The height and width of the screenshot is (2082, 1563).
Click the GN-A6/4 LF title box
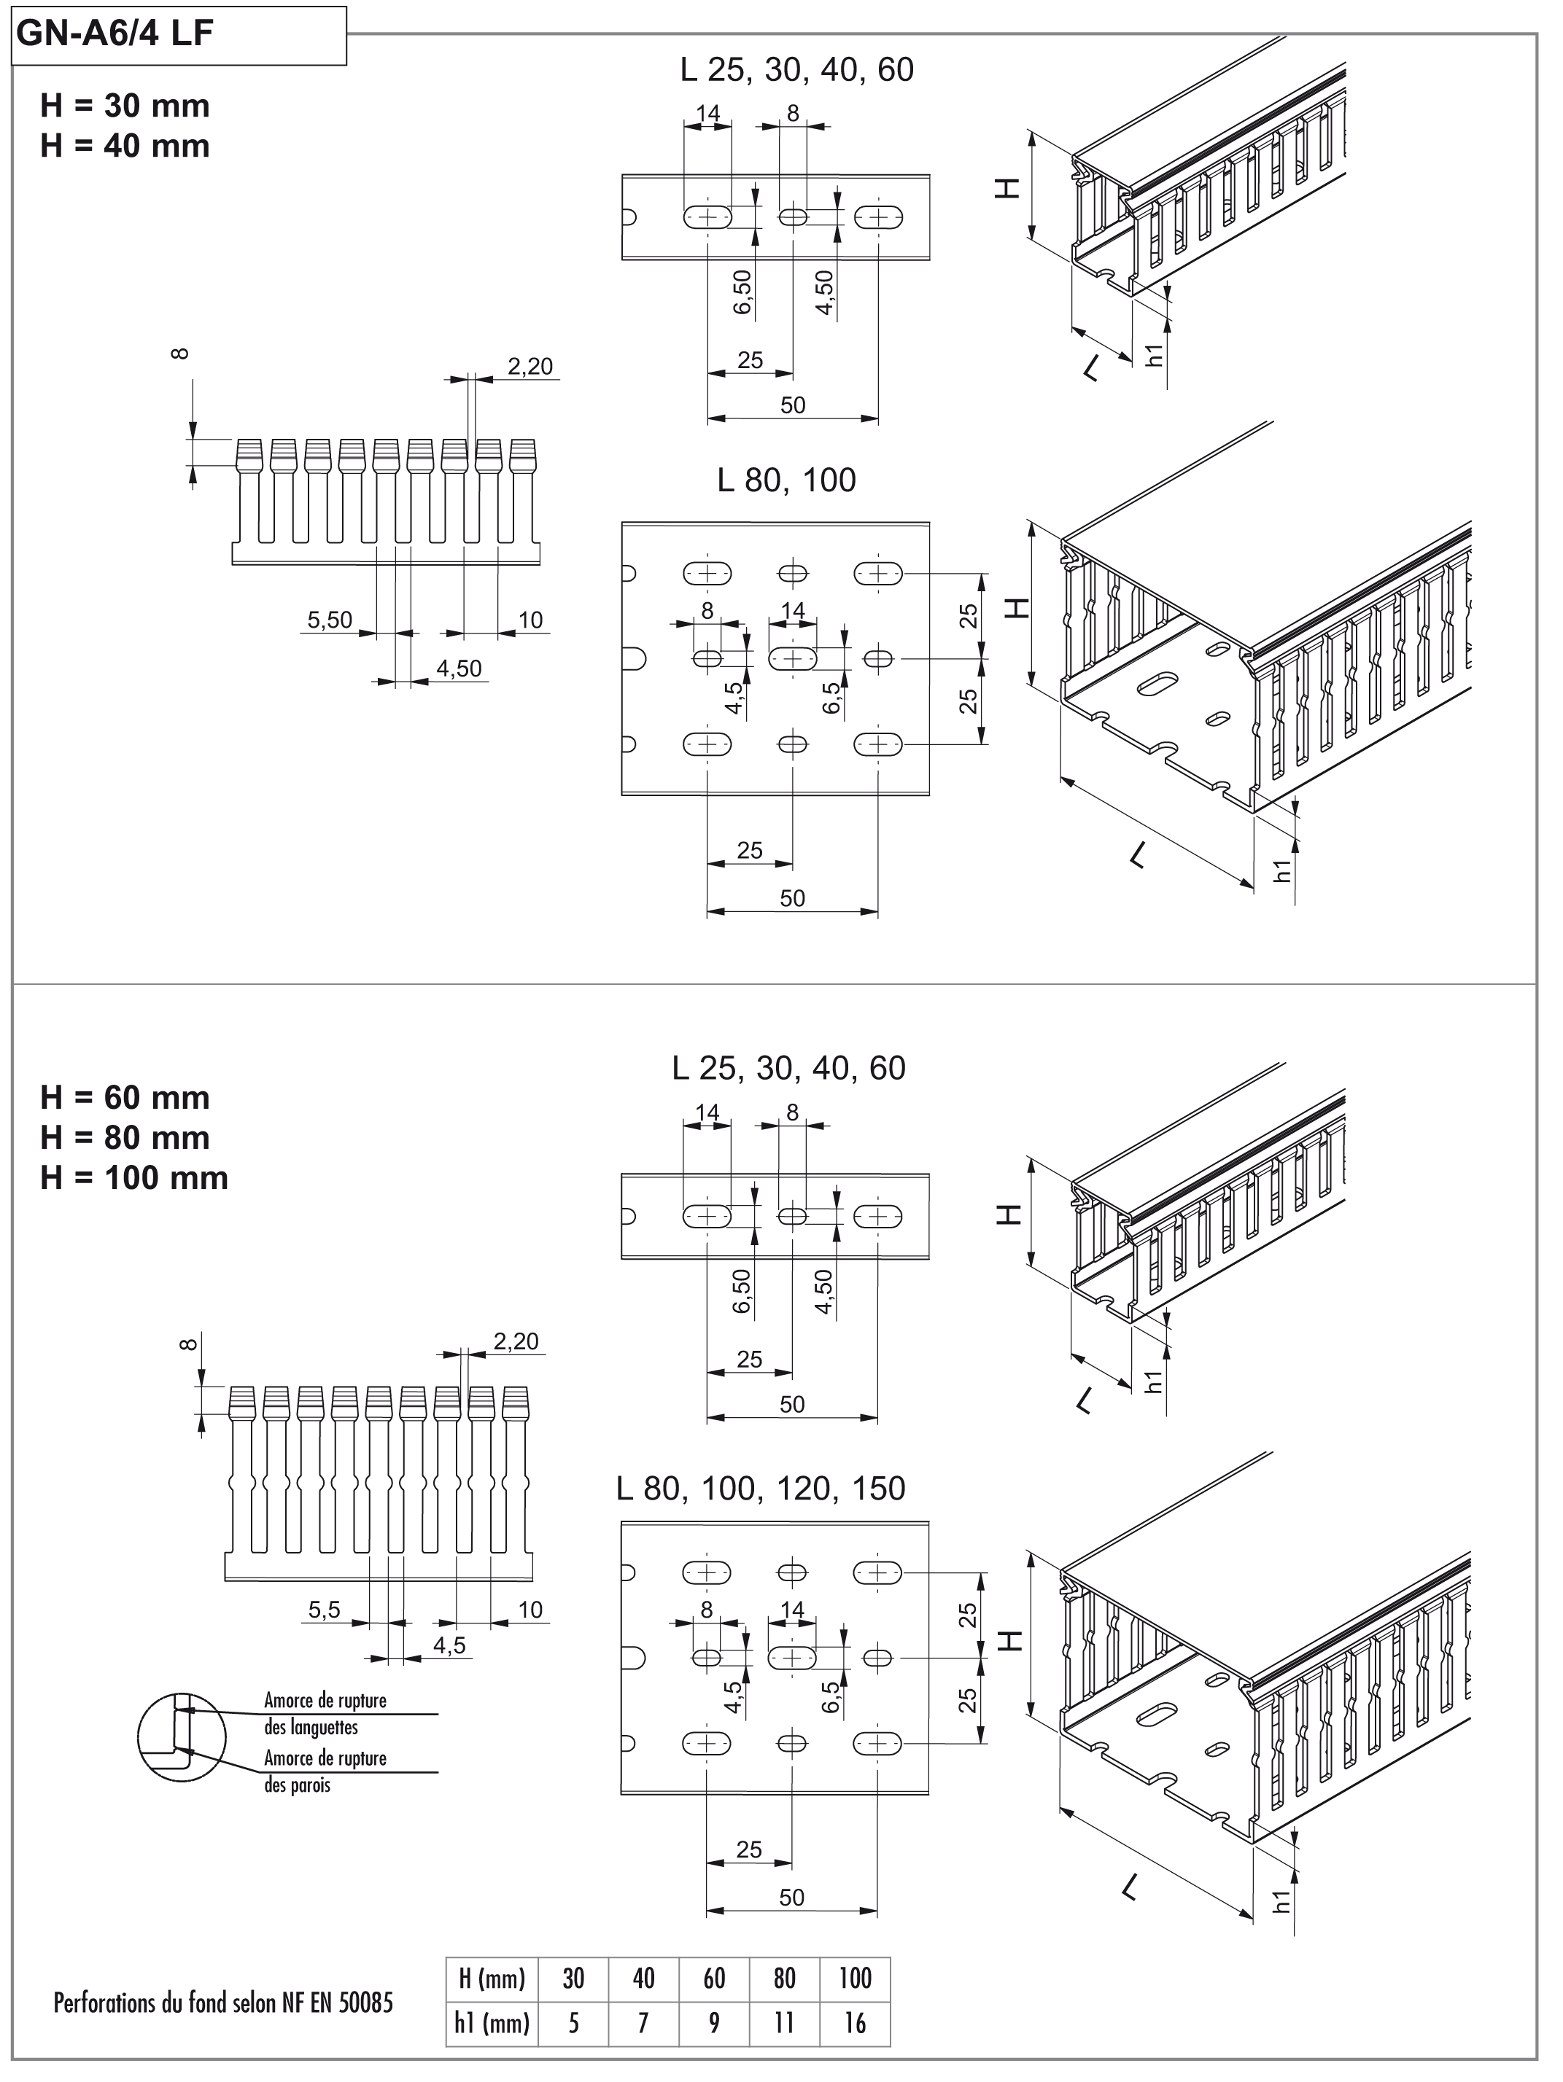[179, 35]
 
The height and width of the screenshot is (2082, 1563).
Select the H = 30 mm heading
[125, 106]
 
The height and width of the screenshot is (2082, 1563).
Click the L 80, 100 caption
[786, 480]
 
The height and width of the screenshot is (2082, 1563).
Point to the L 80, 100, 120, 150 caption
[761, 1488]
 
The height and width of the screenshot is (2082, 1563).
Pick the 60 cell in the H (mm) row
[714, 1978]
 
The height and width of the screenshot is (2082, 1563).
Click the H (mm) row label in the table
[492, 1978]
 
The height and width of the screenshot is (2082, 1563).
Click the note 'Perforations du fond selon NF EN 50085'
[223, 2002]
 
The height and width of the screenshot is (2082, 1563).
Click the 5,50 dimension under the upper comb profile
[330, 620]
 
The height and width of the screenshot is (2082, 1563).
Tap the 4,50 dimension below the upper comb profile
[459, 668]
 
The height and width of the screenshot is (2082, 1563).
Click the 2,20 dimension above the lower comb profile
[516, 1341]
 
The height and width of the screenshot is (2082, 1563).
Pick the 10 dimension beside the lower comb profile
[530, 1610]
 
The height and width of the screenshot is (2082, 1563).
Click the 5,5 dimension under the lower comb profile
[324, 1610]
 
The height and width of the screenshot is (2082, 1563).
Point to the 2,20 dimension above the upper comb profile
[530, 366]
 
